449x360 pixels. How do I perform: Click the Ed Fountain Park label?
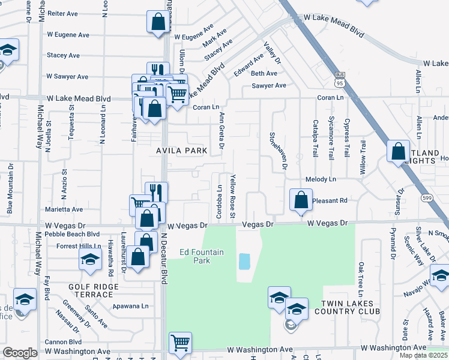(201, 256)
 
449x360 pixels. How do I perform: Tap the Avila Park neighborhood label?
(182, 151)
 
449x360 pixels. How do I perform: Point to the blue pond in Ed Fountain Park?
(244, 261)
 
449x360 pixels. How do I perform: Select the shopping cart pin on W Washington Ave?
(180, 343)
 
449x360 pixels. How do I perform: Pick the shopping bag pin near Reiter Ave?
(157, 22)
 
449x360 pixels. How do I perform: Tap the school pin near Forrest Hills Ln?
(90, 260)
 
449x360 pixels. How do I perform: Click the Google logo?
(20, 353)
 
